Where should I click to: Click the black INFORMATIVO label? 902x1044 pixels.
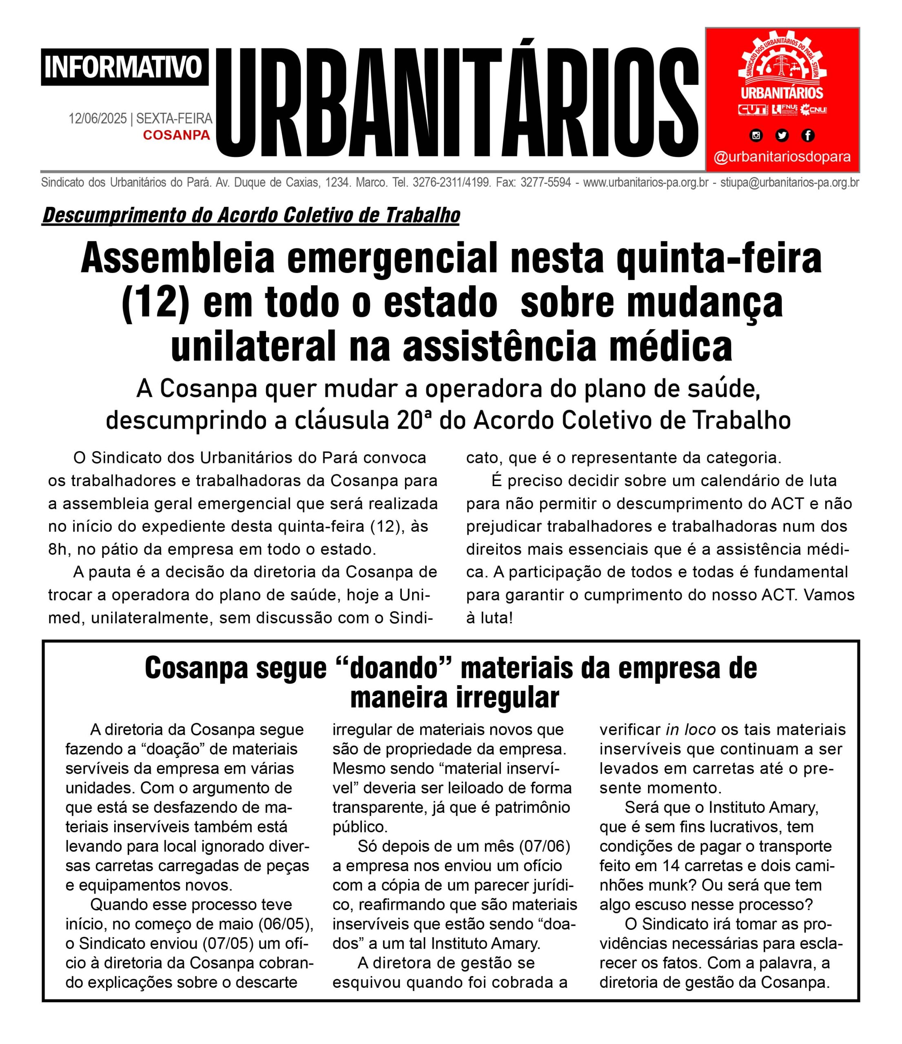point(124,67)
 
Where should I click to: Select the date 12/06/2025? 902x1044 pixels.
point(98,119)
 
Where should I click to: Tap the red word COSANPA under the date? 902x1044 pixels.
point(176,135)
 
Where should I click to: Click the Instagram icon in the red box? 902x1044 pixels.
point(756,135)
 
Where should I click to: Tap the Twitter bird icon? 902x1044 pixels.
point(782,135)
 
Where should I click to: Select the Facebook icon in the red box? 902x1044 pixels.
point(808,135)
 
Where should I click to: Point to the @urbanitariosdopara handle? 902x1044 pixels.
point(782,157)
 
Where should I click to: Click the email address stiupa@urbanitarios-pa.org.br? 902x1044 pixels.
point(790,182)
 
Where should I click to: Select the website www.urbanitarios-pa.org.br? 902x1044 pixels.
point(645,182)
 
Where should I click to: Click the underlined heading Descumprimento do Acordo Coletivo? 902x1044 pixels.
point(250,215)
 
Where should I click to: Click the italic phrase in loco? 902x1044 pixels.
point(690,730)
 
